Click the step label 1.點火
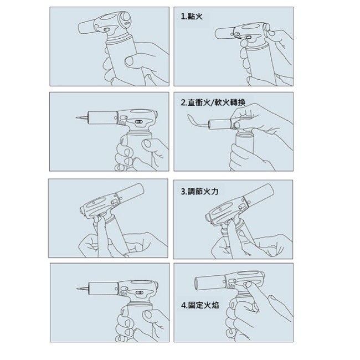(192, 17)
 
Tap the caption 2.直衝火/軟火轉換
(213, 102)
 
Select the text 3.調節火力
(199, 191)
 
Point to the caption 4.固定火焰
(200, 305)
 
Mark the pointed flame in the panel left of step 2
(82, 118)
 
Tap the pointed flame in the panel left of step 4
(83, 289)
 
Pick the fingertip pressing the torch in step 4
(248, 285)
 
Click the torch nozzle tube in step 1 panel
(224, 34)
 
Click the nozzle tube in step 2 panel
(219, 124)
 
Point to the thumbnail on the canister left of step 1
(130, 60)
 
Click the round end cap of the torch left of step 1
(126, 18)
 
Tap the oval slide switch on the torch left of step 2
(138, 122)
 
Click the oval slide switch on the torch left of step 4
(139, 292)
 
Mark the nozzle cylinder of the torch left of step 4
(104, 289)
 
